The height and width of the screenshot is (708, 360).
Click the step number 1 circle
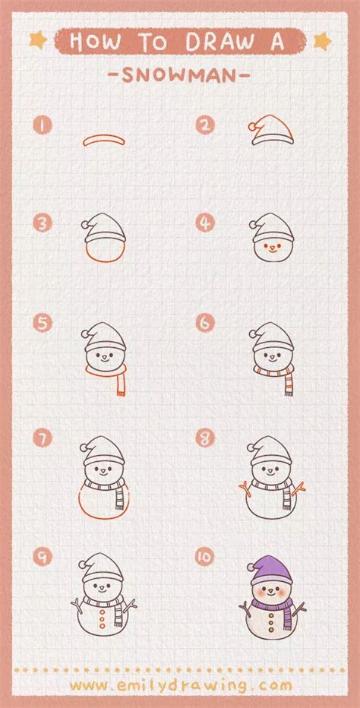point(41,125)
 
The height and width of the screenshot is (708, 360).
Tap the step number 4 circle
point(204,223)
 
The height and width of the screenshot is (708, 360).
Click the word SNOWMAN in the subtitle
point(179,76)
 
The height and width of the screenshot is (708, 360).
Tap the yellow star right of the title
point(322,39)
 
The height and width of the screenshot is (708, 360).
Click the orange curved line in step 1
point(103,140)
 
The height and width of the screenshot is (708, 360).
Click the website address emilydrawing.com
point(180,685)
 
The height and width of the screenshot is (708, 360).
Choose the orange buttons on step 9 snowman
point(102,623)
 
